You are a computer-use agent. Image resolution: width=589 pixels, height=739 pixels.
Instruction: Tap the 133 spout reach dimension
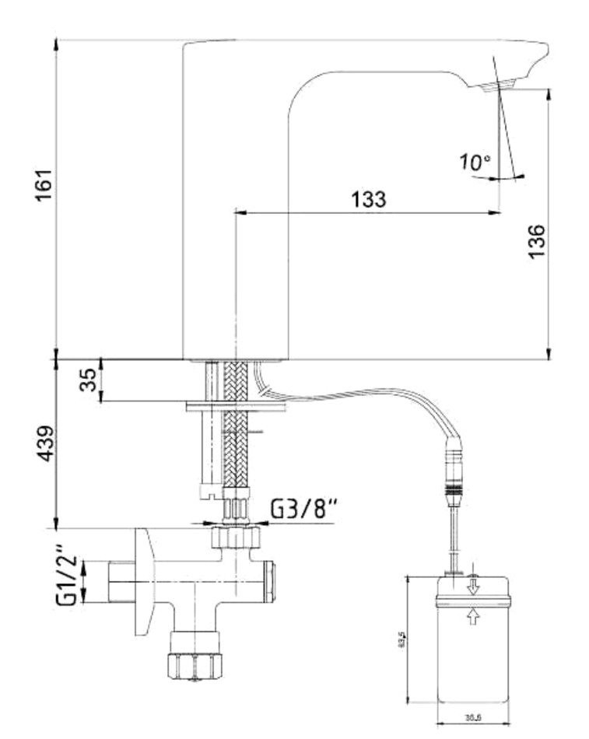(x=367, y=198)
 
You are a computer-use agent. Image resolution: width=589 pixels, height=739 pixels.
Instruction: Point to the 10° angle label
(x=474, y=163)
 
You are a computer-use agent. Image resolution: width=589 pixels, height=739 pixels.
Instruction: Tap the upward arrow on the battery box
(x=473, y=618)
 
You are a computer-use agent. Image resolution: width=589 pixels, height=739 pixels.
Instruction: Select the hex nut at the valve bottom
(x=195, y=666)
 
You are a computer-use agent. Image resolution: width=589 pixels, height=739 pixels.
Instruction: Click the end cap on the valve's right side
(x=269, y=582)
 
